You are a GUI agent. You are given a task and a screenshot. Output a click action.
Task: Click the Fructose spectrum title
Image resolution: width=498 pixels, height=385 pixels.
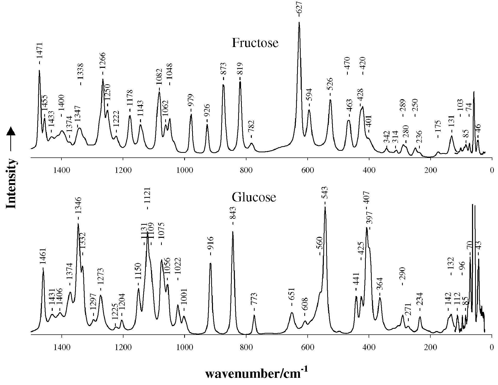point(255,43)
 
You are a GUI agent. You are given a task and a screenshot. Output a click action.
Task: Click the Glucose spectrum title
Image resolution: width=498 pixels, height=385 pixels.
point(254,197)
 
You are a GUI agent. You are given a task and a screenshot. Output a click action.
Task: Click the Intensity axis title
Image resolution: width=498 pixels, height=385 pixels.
point(11,183)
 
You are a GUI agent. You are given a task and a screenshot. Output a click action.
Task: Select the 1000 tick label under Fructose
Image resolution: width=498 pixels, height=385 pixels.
point(185,171)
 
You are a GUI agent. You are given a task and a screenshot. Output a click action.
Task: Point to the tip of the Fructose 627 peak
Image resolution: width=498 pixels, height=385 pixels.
point(299,22)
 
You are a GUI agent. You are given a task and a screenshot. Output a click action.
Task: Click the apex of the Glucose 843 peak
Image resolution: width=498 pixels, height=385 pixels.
point(233,231)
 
